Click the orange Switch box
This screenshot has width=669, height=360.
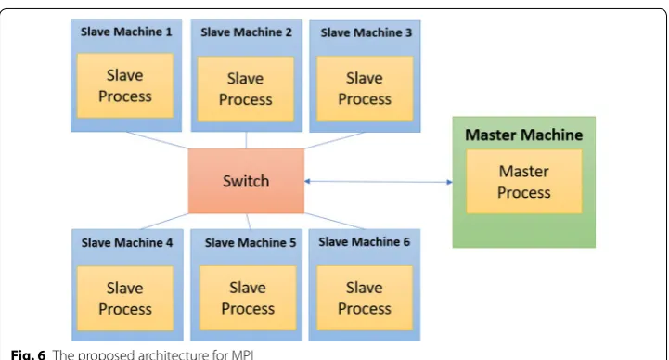pyautogui.click(x=246, y=181)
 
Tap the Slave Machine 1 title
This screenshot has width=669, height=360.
pyautogui.click(x=126, y=32)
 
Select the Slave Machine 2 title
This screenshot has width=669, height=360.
pyautogui.click(x=246, y=32)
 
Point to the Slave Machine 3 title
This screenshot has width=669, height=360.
pyautogui.click(x=367, y=32)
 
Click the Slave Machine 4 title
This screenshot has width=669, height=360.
pyautogui.click(x=127, y=243)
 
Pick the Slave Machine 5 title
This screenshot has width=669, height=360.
pyautogui.click(x=251, y=243)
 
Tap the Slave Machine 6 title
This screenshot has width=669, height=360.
pyautogui.click(x=364, y=242)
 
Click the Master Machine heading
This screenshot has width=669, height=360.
pyautogui.click(x=524, y=135)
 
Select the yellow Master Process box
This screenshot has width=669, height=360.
pyautogui.click(x=524, y=181)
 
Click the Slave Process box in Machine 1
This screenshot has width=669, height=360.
pyautogui.click(x=125, y=85)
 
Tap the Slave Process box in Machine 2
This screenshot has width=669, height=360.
pyautogui.click(x=245, y=89)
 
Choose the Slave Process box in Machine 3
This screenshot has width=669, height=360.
pyautogui.click(x=365, y=88)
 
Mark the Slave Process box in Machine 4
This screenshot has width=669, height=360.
pyautogui.click(x=125, y=298)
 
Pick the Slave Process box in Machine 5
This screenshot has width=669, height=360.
pyautogui.click(x=248, y=298)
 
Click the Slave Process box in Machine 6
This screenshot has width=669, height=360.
pyautogui.click(x=365, y=298)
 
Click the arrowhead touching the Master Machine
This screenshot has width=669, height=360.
pyautogui.click(x=450, y=182)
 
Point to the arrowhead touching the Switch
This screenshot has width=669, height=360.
pyautogui.click(x=307, y=181)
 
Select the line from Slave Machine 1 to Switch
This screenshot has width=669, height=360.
pyautogui.click(x=157, y=140)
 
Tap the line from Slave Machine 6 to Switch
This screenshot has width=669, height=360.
pyautogui.click(x=334, y=222)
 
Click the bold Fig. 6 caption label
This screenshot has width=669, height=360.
pyautogui.click(x=28, y=354)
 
